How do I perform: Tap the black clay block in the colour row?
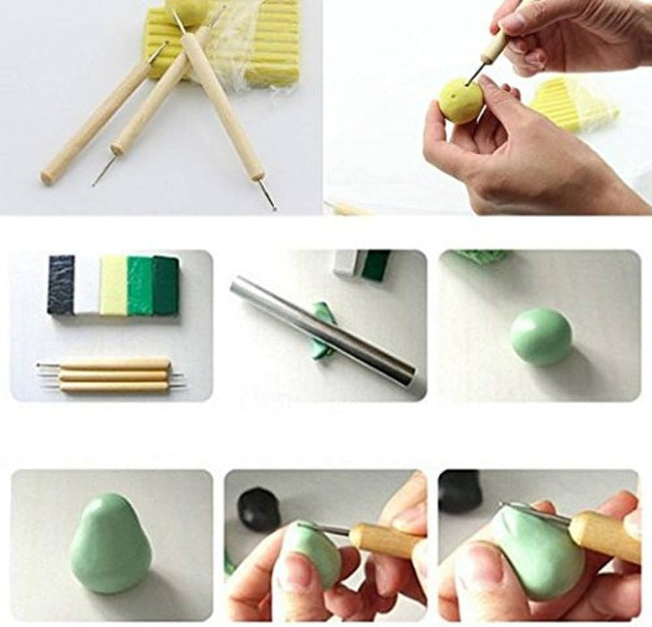click(x=61, y=285)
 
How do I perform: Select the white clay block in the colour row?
click(x=87, y=285)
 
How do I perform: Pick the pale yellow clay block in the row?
click(x=113, y=285)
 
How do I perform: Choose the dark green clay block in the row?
click(x=166, y=285)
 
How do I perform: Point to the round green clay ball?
click(x=541, y=337)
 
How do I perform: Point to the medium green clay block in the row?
click(x=140, y=285)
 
